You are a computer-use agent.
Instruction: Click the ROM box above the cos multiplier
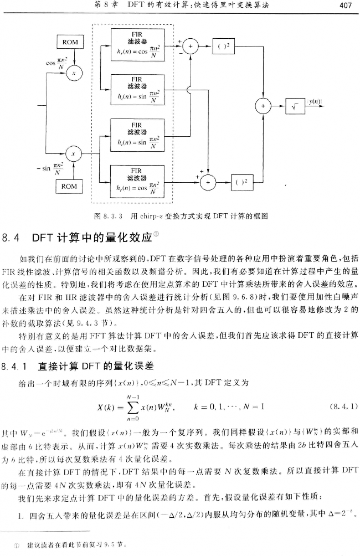pyautogui.click(x=70, y=42)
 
